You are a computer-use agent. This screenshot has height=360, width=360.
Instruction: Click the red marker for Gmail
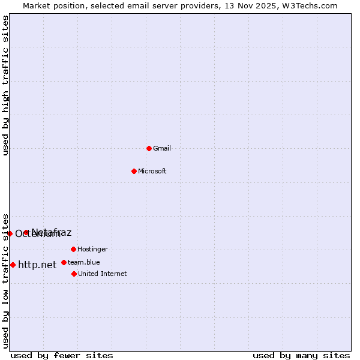tap(149, 148)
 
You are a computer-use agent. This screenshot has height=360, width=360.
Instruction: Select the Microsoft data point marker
tap(134, 171)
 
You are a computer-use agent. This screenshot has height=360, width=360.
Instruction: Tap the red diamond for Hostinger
tap(73, 249)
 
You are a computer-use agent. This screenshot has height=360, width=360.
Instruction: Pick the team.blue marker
tap(64, 262)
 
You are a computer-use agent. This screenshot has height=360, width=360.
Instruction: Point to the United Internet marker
tap(74, 274)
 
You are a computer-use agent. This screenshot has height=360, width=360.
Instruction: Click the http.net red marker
tap(13, 265)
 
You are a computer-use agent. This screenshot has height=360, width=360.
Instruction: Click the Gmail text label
tap(162, 148)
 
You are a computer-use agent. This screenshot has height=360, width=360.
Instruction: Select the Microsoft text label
tap(152, 171)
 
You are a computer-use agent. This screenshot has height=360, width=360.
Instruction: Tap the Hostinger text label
tap(92, 249)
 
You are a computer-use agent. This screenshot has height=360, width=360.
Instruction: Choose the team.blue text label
tap(84, 262)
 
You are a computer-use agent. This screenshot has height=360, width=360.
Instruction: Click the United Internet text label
tap(103, 274)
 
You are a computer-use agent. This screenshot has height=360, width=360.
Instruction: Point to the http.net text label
tap(37, 265)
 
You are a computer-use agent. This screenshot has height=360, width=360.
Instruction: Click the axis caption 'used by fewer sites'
tap(62, 355)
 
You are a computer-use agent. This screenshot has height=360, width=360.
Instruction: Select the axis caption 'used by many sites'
tap(301, 355)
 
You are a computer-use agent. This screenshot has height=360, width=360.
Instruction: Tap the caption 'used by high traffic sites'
tap(6, 85)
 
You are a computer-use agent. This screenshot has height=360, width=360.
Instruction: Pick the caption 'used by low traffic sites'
tap(6, 281)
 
